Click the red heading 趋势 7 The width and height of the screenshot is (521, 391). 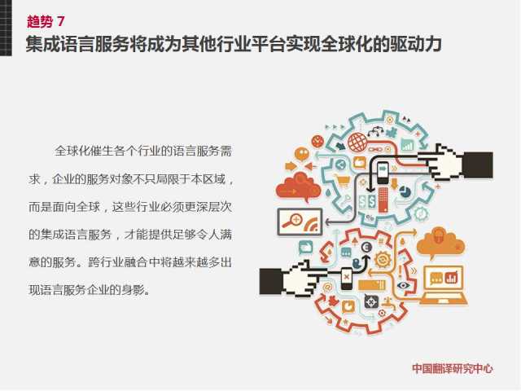[x=46, y=22]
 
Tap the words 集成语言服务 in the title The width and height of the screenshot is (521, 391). [x=78, y=44]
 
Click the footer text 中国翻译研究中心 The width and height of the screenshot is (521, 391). [x=453, y=369]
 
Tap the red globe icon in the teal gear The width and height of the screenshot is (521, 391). [x=357, y=142]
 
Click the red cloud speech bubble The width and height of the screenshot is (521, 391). [x=298, y=187]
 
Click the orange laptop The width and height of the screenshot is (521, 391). [x=444, y=285]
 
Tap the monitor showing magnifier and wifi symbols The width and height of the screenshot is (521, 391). [x=300, y=222]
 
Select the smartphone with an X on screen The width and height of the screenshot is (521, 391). [x=347, y=278]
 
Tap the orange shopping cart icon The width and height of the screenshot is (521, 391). [x=343, y=181]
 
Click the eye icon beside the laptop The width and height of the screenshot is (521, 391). [x=403, y=285]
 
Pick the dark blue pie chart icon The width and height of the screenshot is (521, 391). [x=405, y=191]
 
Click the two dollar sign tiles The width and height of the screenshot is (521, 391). [x=367, y=201]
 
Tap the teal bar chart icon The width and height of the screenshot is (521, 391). [x=407, y=145]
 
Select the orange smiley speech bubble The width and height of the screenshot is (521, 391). [x=302, y=154]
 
